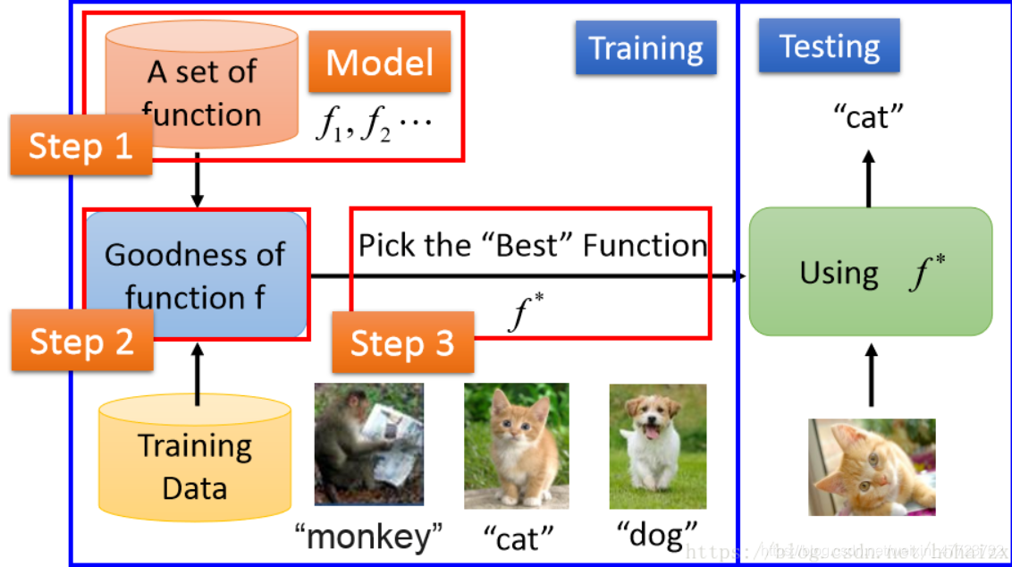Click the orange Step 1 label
tap(81, 145)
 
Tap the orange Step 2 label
tap(81, 341)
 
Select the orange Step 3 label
tap(402, 343)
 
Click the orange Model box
tap(380, 63)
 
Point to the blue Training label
tap(645, 48)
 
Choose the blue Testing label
tap(829, 46)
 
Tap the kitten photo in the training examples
tap(516, 445)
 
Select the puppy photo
tap(657, 446)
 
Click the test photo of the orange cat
tap(872, 467)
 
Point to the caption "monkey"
tap(369, 537)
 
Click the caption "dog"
tap(657, 534)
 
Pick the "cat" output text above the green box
tap(868, 116)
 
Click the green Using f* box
tap(870, 272)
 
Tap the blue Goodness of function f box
tap(196, 275)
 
